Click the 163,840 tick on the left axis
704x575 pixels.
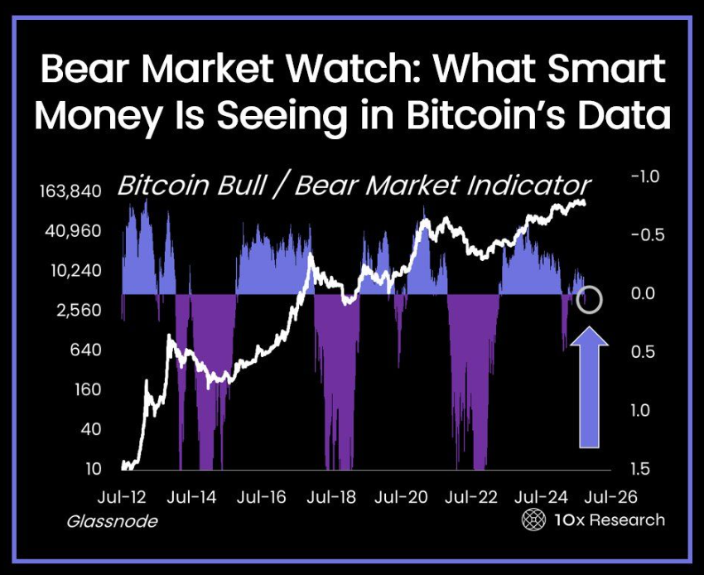tap(70, 191)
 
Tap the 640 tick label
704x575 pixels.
tap(85, 350)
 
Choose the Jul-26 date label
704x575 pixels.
tap(610, 497)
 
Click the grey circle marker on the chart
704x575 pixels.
tap(590, 299)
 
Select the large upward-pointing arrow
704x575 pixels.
tap(591, 386)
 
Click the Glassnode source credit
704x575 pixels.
tap(112, 521)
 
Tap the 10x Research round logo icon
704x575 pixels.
tap(533, 520)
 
